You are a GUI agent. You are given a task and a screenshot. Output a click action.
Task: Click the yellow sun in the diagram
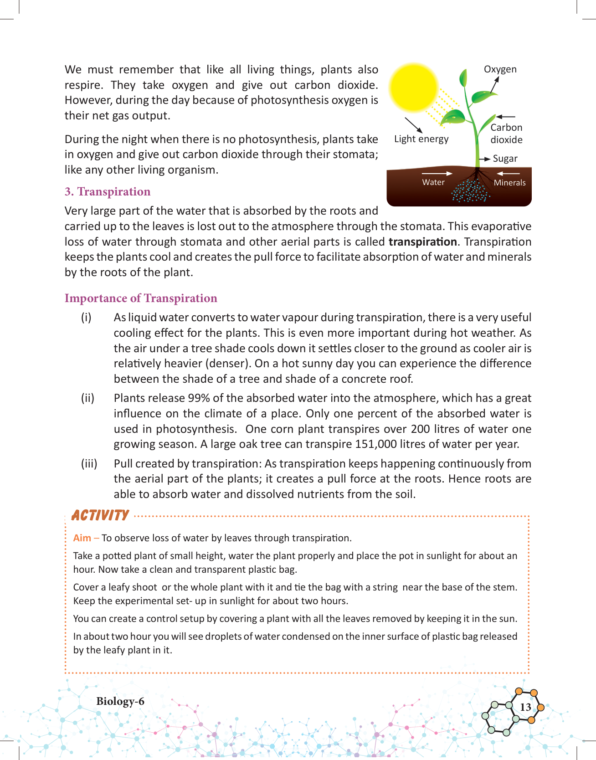tap(414, 87)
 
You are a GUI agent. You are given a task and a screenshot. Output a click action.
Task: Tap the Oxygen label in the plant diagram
tap(500, 69)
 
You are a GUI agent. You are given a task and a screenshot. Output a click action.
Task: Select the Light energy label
tap(421, 139)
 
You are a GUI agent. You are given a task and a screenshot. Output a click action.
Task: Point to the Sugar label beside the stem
tap(505, 159)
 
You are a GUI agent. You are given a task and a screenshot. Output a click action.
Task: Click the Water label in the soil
tap(433, 182)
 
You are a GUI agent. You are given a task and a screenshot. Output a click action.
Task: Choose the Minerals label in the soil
tap(509, 183)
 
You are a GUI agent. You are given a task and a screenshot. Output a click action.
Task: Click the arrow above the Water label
tap(437, 174)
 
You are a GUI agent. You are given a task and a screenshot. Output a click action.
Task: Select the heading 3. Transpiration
tap(108, 192)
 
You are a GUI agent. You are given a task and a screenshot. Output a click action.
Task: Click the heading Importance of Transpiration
tap(141, 298)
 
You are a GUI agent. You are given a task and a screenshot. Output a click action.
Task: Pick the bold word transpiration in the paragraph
tap(422, 242)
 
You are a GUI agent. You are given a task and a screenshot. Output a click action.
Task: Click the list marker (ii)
tap(87, 398)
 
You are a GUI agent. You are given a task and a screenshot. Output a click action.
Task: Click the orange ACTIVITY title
tap(100, 515)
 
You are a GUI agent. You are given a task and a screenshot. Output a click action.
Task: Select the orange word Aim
tap(82, 538)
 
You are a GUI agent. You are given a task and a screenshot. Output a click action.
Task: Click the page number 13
tap(525, 707)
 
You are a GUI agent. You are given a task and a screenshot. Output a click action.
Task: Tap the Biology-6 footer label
tap(120, 701)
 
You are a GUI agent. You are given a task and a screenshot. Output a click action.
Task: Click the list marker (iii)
tap(89, 464)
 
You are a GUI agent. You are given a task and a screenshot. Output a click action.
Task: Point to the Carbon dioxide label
tap(506, 134)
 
